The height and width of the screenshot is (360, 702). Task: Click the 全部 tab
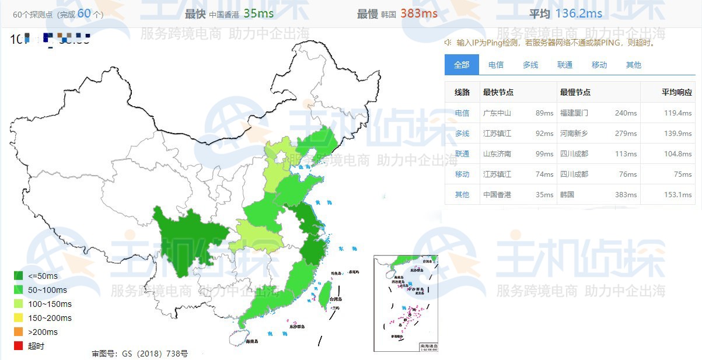462,65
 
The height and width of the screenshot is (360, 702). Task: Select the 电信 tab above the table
496,65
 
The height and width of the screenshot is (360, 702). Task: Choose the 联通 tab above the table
565,65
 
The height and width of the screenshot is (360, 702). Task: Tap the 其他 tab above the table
633,65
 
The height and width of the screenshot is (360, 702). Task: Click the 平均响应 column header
677,92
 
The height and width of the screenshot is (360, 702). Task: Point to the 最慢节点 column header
575,92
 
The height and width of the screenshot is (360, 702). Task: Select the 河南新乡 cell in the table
574,133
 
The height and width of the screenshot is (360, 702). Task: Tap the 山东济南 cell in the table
497,153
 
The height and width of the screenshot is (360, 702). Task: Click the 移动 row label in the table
462,174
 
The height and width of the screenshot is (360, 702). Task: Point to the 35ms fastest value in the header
259,13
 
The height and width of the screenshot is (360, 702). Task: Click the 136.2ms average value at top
578,13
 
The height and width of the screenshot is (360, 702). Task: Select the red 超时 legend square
19,346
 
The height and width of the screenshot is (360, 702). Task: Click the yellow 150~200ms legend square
19,318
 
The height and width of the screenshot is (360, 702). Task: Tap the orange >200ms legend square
19,332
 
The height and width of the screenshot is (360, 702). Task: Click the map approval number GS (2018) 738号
139,354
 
